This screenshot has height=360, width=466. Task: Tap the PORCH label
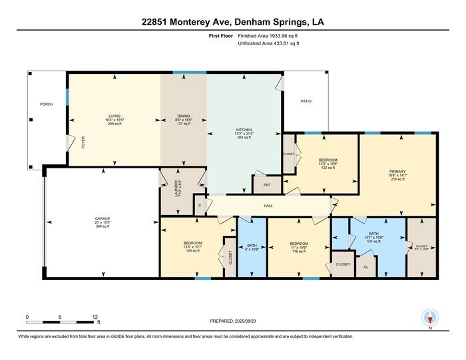tap(47, 104)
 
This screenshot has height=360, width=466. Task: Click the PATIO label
tap(306, 101)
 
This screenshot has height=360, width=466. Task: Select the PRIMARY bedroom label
tap(397, 172)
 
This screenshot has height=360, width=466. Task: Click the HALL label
tap(268, 206)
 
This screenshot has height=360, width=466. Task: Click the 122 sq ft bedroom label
tap(328, 160)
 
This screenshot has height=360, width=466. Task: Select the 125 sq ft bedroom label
tap(192, 243)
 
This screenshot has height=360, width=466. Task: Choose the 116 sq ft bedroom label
tap(298, 243)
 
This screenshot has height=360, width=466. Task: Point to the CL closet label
tap(365, 267)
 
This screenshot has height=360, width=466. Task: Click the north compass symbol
tap(430, 318)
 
